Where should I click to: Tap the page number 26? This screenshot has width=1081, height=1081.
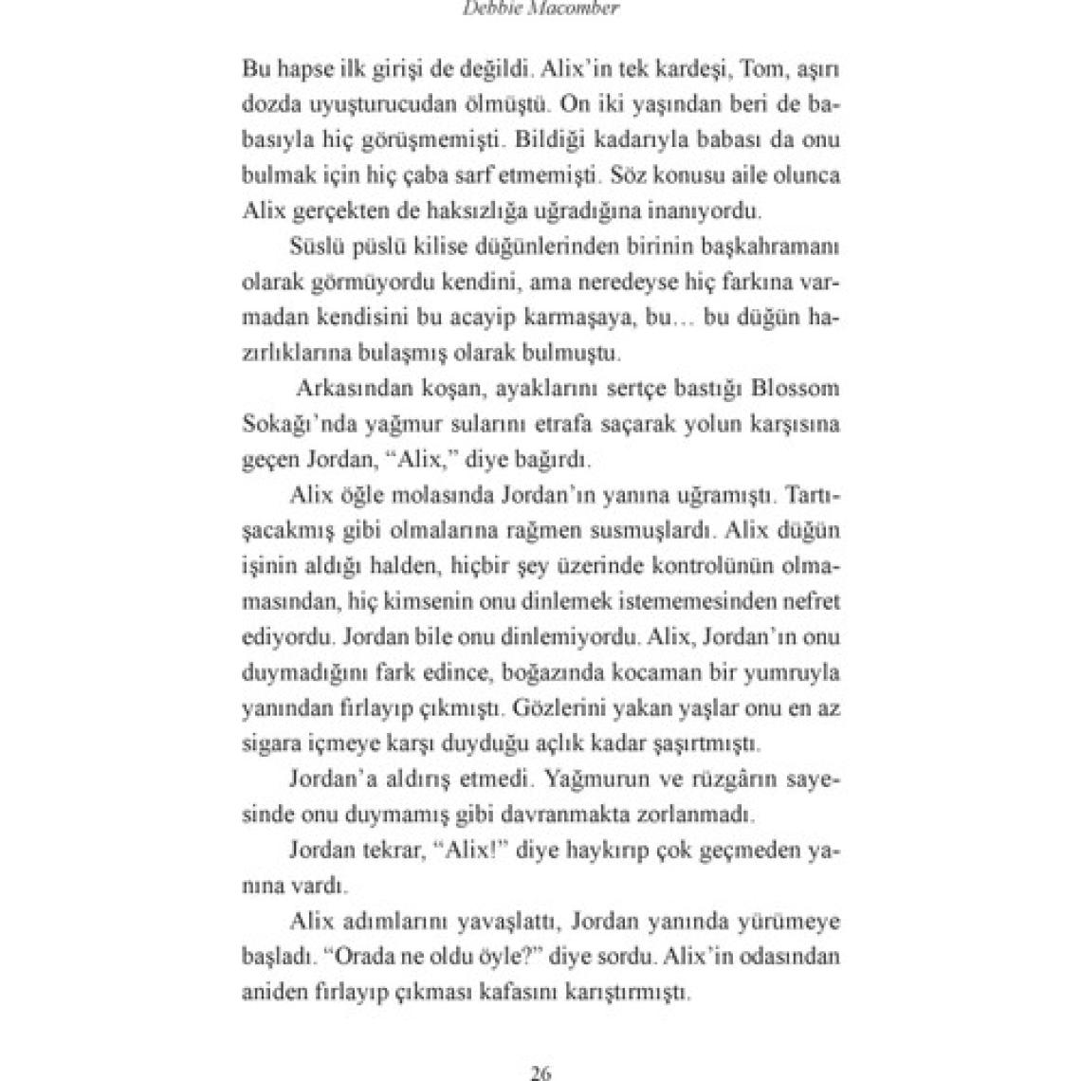pyautogui.click(x=540, y=1073)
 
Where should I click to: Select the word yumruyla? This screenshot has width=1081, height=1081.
pyautogui.click(x=796, y=672)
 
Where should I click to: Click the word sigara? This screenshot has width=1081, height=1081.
pyautogui.click(x=269, y=743)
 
